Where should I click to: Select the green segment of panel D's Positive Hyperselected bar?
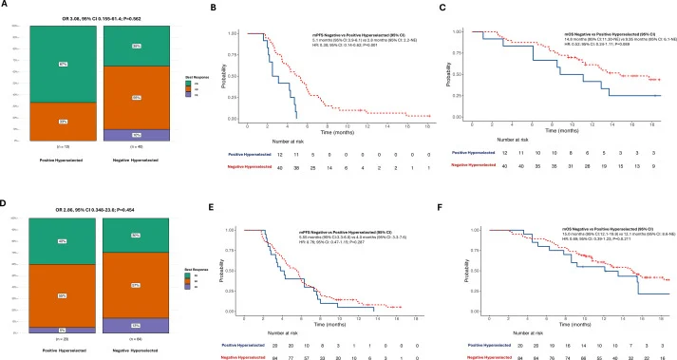click(62, 241)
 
